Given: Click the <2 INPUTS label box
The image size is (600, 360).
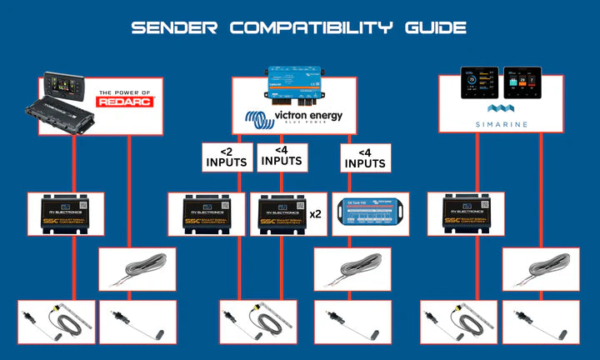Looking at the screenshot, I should [x=227, y=157].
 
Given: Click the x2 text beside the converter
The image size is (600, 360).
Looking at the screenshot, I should [x=316, y=213].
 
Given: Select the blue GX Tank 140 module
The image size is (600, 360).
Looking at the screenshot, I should [x=363, y=213].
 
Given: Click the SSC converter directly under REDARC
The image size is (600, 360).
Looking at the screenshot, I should [x=65, y=213].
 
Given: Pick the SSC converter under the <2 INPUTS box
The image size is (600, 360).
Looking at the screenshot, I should [x=205, y=213].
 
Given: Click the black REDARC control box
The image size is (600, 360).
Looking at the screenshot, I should [x=67, y=116].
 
